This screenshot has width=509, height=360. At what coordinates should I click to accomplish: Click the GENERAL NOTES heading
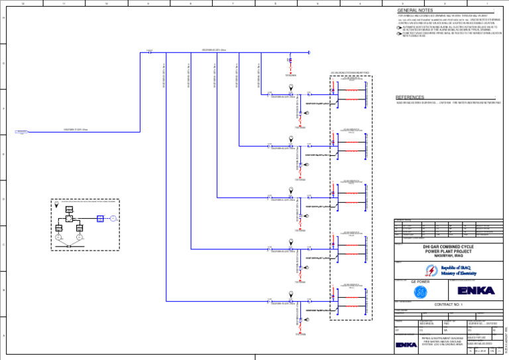point(415,11)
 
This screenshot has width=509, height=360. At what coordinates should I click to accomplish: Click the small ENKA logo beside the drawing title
point(406,345)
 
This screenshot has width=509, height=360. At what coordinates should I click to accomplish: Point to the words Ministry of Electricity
point(459,272)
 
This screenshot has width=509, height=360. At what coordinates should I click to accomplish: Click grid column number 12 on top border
point(23,3)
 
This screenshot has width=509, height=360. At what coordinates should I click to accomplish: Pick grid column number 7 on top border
point(233,3)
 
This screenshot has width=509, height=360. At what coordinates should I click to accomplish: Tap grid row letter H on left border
point(3,19)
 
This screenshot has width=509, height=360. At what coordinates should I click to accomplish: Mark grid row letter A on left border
point(3,335)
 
